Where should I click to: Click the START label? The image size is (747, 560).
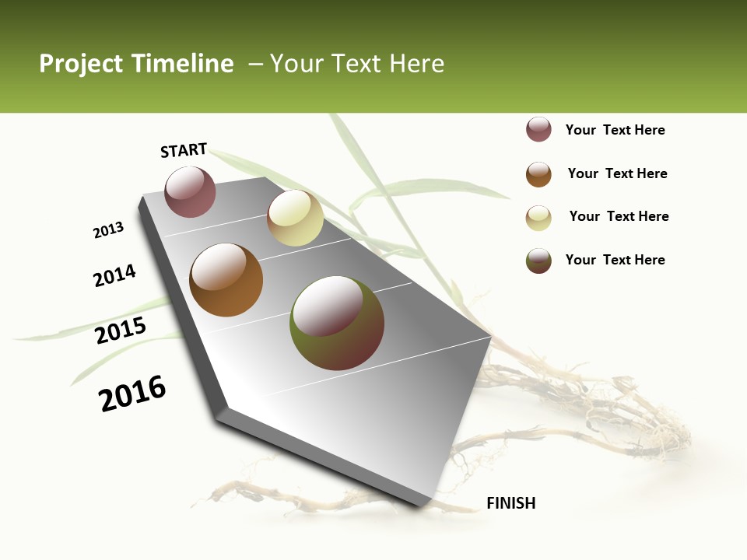click(184, 150)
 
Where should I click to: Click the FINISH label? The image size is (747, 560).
click(510, 503)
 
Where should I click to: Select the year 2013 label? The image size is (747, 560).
click(108, 230)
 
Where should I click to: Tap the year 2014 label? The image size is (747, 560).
click(114, 275)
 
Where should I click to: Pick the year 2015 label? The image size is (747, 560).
click(121, 331)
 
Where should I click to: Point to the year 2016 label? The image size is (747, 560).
click(132, 394)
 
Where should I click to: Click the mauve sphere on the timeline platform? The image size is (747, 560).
click(190, 192)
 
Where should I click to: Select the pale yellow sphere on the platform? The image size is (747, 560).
click(295, 218)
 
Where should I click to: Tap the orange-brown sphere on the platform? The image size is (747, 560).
click(226, 280)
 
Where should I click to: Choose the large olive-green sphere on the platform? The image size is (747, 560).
click(336, 323)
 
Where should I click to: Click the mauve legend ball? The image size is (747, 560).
click(538, 130)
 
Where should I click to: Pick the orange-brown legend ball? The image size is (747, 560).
click(538, 174)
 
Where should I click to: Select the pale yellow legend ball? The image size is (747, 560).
click(538, 218)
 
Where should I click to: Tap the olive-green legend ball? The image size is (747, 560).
click(538, 261)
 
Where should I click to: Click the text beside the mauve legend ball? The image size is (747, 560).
click(615, 130)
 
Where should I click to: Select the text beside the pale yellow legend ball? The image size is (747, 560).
click(619, 216)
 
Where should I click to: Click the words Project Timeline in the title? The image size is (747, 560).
click(136, 64)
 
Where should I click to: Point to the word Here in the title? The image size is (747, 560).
click(416, 64)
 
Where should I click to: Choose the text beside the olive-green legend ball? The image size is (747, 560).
click(615, 260)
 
